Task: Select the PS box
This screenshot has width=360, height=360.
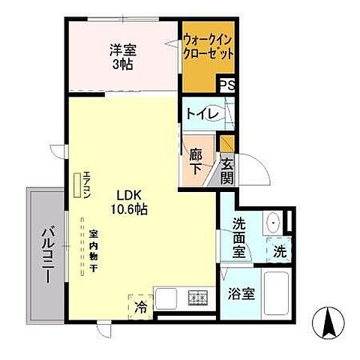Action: click(227, 85)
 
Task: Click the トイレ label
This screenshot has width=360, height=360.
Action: click(202, 114)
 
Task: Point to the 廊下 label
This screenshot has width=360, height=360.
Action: click(196, 161)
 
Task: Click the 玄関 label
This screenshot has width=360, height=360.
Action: click(226, 172)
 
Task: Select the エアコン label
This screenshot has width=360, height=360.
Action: click(87, 184)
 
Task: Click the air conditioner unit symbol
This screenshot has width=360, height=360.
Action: click(77, 184)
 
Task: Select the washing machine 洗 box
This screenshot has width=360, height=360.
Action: click(279, 250)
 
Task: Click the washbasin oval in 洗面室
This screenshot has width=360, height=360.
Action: click(273, 223)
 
